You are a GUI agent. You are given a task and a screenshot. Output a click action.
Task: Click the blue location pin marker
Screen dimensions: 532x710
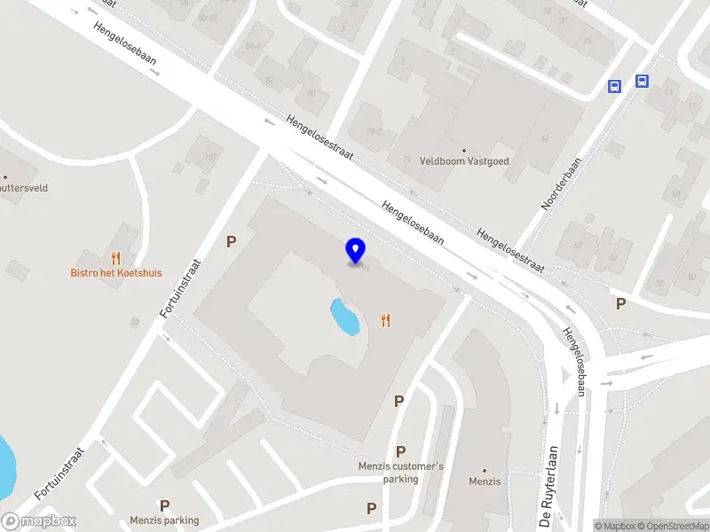pos(356,251)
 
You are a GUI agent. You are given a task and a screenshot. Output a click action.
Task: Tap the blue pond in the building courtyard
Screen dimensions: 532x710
pos(344,317)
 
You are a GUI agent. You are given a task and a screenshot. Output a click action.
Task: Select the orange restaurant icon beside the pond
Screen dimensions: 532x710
pos(385,321)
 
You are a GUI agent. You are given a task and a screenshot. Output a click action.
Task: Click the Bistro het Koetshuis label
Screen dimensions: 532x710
pos(116,273)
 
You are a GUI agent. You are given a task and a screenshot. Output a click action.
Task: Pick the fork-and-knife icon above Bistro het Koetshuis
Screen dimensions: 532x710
pos(115,258)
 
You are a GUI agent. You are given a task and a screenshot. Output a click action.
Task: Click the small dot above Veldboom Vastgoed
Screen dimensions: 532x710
pos(463,151)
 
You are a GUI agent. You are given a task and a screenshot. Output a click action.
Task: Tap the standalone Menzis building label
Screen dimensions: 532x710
pos(485,482)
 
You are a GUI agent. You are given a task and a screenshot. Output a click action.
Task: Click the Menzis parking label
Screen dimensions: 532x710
pos(164,520)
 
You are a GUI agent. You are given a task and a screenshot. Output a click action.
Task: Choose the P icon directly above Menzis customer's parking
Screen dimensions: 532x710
pos(400,451)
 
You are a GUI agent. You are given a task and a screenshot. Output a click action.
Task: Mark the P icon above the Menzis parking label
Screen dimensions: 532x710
pos(164,505)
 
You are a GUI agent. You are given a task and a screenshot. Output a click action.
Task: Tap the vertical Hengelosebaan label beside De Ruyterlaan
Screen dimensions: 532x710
pos(574,362)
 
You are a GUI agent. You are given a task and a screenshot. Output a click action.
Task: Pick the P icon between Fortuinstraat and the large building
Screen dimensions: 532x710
pos(232,241)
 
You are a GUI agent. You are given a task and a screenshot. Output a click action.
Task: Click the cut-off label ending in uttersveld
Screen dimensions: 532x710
pos(24,188)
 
